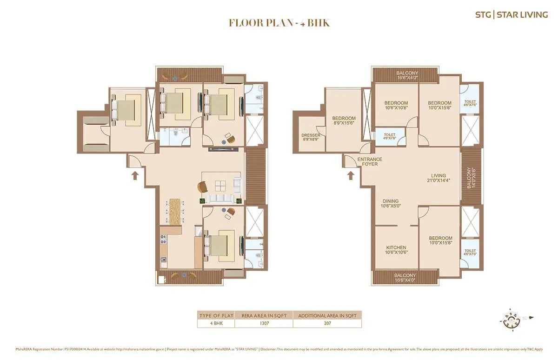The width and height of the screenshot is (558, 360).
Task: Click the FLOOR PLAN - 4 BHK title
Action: pyautogui.click(x=279, y=23)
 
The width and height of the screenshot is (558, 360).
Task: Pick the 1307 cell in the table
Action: pyautogui.click(x=264, y=324)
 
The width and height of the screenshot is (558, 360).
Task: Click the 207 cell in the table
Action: pyautogui.click(x=327, y=324)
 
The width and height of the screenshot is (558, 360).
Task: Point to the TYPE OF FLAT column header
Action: pyautogui.click(x=216, y=315)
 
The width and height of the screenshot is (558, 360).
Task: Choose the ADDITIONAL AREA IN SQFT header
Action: pyautogui.click(x=327, y=315)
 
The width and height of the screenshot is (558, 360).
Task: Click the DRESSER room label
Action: pyautogui.click(x=311, y=138)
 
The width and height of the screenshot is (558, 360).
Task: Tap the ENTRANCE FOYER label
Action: pyautogui.click(x=370, y=162)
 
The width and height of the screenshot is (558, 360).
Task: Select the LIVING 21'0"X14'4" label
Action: pyautogui.click(x=438, y=178)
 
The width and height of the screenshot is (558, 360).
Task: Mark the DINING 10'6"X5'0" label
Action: pyautogui.click(x=391, y=204)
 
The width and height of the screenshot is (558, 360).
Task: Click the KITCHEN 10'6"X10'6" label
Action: pyautogui.click(x=396, y=250)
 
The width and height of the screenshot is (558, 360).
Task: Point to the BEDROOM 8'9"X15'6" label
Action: pyautogui.click(x=344, y=121)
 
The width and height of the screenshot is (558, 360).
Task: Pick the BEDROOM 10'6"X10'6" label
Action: pyautogui.click(x=396, y=106)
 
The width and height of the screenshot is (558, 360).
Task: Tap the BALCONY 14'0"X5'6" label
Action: pyautogui.click(x=471, y=178)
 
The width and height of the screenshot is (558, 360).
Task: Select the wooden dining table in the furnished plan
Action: pyautogui.click(x=174, y=212)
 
